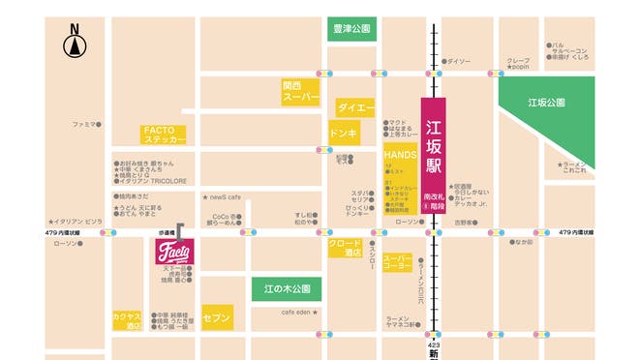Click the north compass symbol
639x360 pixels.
75,43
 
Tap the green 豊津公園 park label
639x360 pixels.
350,30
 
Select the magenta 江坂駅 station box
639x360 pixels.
433,154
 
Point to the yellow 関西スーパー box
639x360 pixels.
300,92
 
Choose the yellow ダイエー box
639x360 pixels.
354,106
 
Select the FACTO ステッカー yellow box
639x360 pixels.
165,135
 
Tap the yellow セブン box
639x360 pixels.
218,316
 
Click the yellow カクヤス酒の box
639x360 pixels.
127,321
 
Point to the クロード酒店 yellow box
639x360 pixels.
345,249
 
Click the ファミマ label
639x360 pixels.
85,125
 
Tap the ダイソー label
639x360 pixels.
458,61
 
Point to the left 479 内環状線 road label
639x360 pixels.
68,232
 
